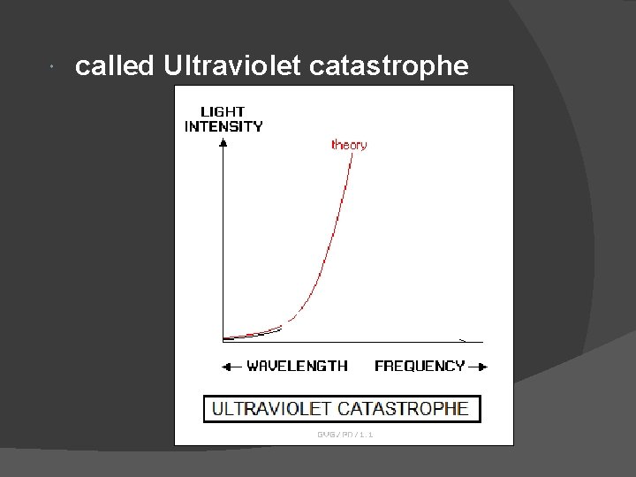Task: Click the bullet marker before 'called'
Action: pyautogui.click(x=55, y=67)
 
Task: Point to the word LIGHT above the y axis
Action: pyautogui.click(x=223, y=112)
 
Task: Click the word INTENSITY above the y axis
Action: pyautogui.click(x=223, y=126)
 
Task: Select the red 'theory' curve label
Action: pyautogui.click(x=349, y=145)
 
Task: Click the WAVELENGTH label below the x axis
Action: pyautogui.click(x=297, y=366)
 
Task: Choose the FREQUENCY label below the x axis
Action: pyautogui.click(x=420, y=366)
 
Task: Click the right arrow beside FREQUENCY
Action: pyautogui.click(x=477, y=366)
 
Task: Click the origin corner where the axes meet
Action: pyautogui.click(x=223, y=340)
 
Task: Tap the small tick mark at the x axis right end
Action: pyautogui.click(x=462, y=339)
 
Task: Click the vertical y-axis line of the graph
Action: pyautogui.click(x=223, y=247)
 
